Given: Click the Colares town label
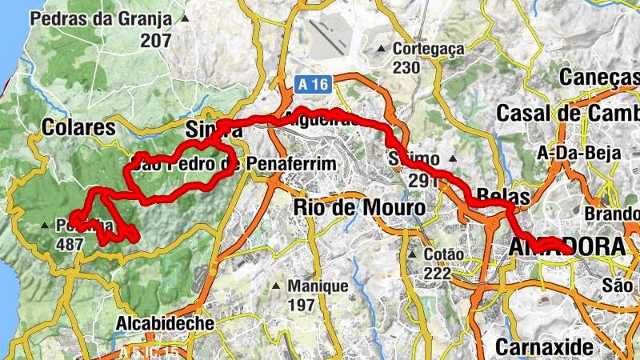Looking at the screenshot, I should click(x=78, y=127).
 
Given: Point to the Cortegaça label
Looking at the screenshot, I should click(x=428, y=49).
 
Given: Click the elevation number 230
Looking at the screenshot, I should click(x=406, y=67).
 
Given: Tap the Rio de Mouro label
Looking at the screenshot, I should click(x=359, y=207).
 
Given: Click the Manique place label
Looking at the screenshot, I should click(x=318, y=286).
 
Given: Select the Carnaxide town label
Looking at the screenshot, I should click(x=544, y=347).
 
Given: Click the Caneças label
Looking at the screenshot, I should click(x=610, y=77).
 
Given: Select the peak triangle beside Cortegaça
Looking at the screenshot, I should click(x=382, y=49).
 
